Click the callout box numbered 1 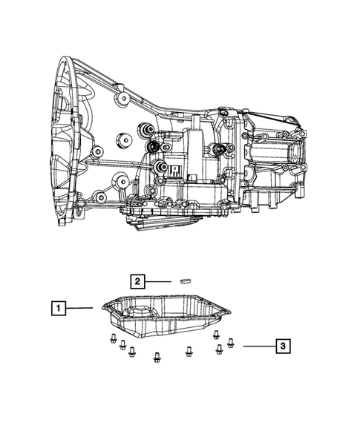[x=59, y=308]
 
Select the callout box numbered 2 [x=137, y=281]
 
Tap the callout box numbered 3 [x=283, y=346]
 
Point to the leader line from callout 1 [x=79, y=308]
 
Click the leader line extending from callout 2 [x=158, y=281]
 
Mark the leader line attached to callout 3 [x=259, y=346]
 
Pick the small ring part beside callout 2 [x=185, y=280]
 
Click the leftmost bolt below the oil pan [x=113, y=338]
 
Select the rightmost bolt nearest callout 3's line [x=230, y=343]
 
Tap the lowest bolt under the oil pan [x=157, y=357]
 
